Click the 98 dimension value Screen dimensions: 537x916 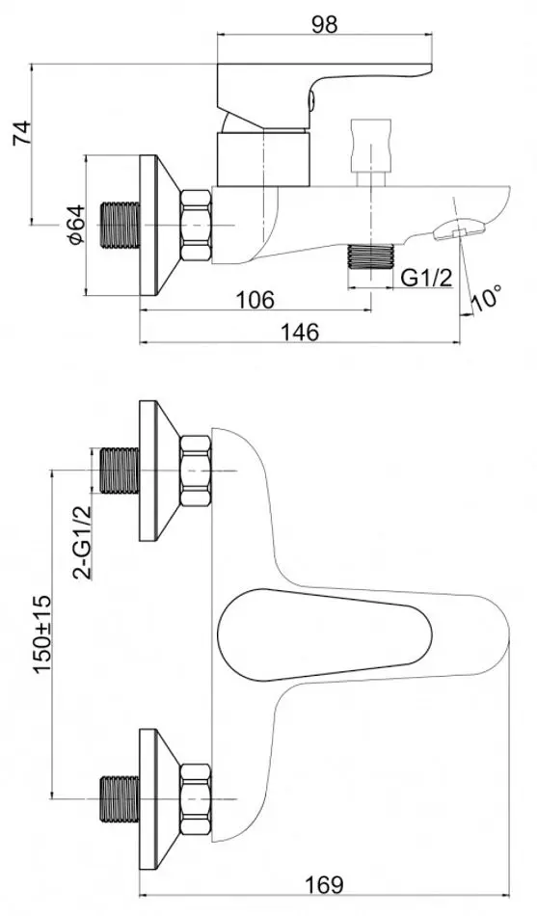click(324, 24)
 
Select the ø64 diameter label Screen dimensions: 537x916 click(75, 225)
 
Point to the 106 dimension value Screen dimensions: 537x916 click(255, 300)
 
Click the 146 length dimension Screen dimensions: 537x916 click(301, 332)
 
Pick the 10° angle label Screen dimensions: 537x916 click(487, 297)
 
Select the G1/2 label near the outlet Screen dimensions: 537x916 click(427, 278)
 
